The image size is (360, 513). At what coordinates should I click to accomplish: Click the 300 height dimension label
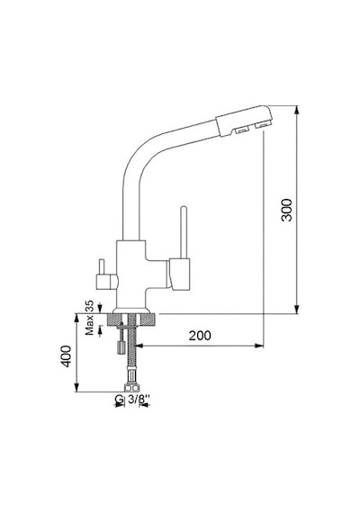point(287,210)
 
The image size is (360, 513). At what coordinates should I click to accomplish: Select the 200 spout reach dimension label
point(200,336)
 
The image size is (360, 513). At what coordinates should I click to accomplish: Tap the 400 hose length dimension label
point(66,356)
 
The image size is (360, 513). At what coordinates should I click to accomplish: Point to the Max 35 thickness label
point(89,318)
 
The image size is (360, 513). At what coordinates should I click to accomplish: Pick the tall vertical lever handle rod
point(184,232)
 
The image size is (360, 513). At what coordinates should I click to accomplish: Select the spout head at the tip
point(244,121)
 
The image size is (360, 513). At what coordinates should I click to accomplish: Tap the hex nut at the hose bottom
point(131,388)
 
